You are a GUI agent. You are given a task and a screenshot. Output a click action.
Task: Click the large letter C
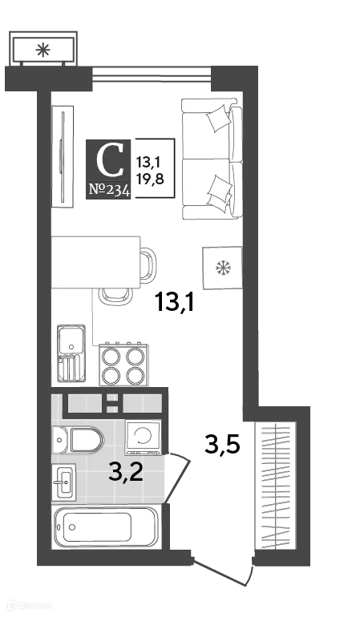(110, 160)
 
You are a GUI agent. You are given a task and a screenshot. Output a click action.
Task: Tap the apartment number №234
(108, 191)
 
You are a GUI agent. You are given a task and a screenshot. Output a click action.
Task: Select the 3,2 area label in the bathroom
(126, 473)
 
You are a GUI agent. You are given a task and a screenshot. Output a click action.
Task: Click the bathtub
(104, 527)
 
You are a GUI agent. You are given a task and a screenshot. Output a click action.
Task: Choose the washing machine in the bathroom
(143, 437)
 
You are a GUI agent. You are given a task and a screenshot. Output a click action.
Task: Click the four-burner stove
(124, 365)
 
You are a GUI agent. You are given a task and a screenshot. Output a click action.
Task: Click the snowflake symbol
(220, 267)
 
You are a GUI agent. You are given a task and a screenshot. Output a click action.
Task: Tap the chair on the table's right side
(148, 264)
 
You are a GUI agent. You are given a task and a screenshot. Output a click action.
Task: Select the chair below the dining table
(112, 296)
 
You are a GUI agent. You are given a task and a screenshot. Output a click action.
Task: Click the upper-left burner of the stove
(112, 355)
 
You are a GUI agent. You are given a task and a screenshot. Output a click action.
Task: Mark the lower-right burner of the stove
(136, 376)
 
